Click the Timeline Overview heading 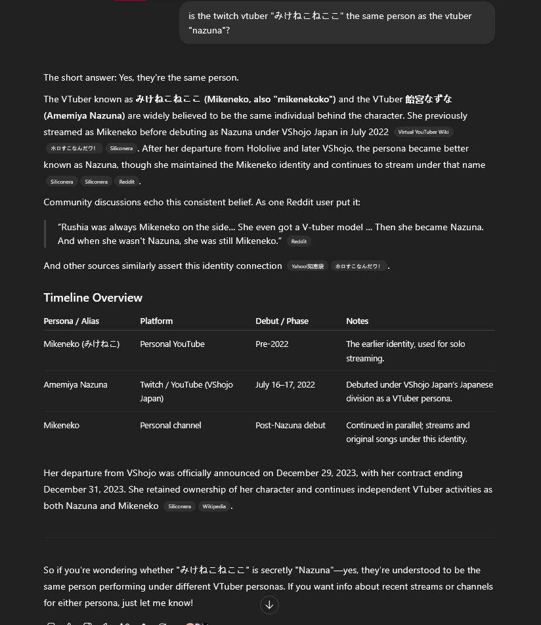(93, 298)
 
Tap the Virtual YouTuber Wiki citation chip (423, 132)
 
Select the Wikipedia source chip (214, 506)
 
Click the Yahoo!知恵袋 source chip (307, 266)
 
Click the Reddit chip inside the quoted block (299, 241)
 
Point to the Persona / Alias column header (72, 321)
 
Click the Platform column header (156, 321)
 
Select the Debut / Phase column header (282, 321)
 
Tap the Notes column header (357, 321)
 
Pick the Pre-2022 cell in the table (272, 344)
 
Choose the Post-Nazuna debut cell (290, 425)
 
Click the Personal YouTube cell (172, 344)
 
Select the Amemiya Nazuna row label (76, 384)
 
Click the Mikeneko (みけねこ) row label (81, 344)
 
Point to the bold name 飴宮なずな (429, 99)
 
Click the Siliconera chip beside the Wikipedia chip (179, 506)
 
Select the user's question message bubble (337, 23)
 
